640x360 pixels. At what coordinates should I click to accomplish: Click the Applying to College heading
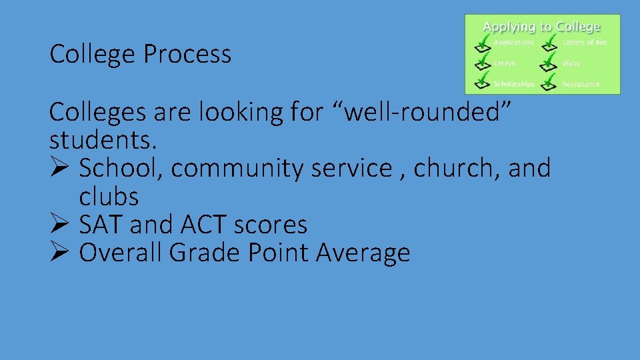point(541,27)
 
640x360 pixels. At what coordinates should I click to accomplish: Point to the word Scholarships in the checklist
point(513,84)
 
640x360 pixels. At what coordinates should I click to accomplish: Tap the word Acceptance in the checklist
point(581,84)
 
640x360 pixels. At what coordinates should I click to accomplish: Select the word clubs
point(109,197)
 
